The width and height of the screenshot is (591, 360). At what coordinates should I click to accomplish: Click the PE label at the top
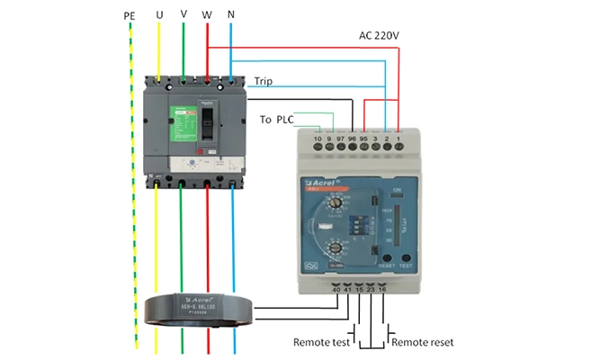click(130, 16)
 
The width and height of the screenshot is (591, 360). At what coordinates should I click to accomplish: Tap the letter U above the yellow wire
click(159, 16)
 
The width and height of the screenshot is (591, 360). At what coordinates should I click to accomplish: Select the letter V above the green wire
click(184, 16)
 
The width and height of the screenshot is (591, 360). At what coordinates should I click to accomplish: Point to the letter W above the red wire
click(208, 16)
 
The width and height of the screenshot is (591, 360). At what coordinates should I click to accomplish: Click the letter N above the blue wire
click(232, 16)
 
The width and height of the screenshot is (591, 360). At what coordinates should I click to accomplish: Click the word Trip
click(264, 81)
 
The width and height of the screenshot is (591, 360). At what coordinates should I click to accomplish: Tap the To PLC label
click(277, 119)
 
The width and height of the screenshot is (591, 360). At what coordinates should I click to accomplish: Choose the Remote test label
click(320, 343)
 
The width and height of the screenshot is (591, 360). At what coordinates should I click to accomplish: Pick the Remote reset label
click(422, 343)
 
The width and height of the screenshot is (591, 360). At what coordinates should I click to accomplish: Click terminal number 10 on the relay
click(318, 141)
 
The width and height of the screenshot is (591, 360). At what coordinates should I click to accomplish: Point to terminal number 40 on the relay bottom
click(336, 290)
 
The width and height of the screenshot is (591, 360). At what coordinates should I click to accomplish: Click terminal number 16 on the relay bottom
click(384, 290)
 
